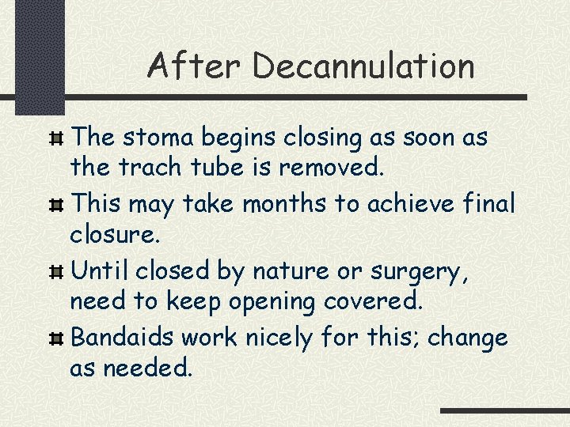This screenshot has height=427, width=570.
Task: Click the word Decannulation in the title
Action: (x=363, y=66)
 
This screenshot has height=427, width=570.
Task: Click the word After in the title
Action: (x=193, y=66)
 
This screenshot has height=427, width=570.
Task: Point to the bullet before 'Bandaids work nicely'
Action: (x=57, y=340)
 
